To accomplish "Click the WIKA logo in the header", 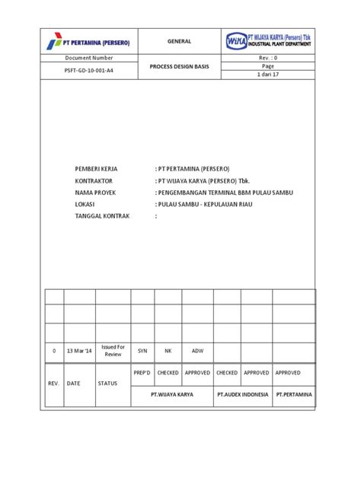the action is click(270, 40).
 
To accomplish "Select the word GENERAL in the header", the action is click(180, 41).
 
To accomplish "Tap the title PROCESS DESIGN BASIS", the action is click(180, 66).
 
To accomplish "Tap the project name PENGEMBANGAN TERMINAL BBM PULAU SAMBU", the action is click(223, 193).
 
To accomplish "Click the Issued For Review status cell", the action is click(113, 351).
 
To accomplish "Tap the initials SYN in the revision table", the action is click(142, 351).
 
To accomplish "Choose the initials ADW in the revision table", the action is click(197, 351).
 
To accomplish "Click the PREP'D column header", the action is click(142, 373).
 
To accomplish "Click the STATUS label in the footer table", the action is click(107, 384).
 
